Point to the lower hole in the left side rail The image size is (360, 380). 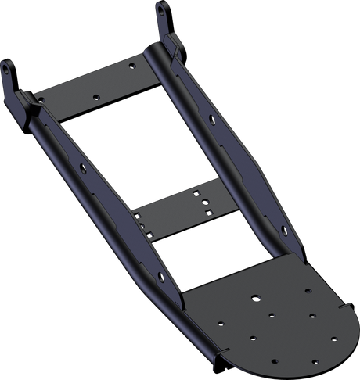(160, 277)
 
